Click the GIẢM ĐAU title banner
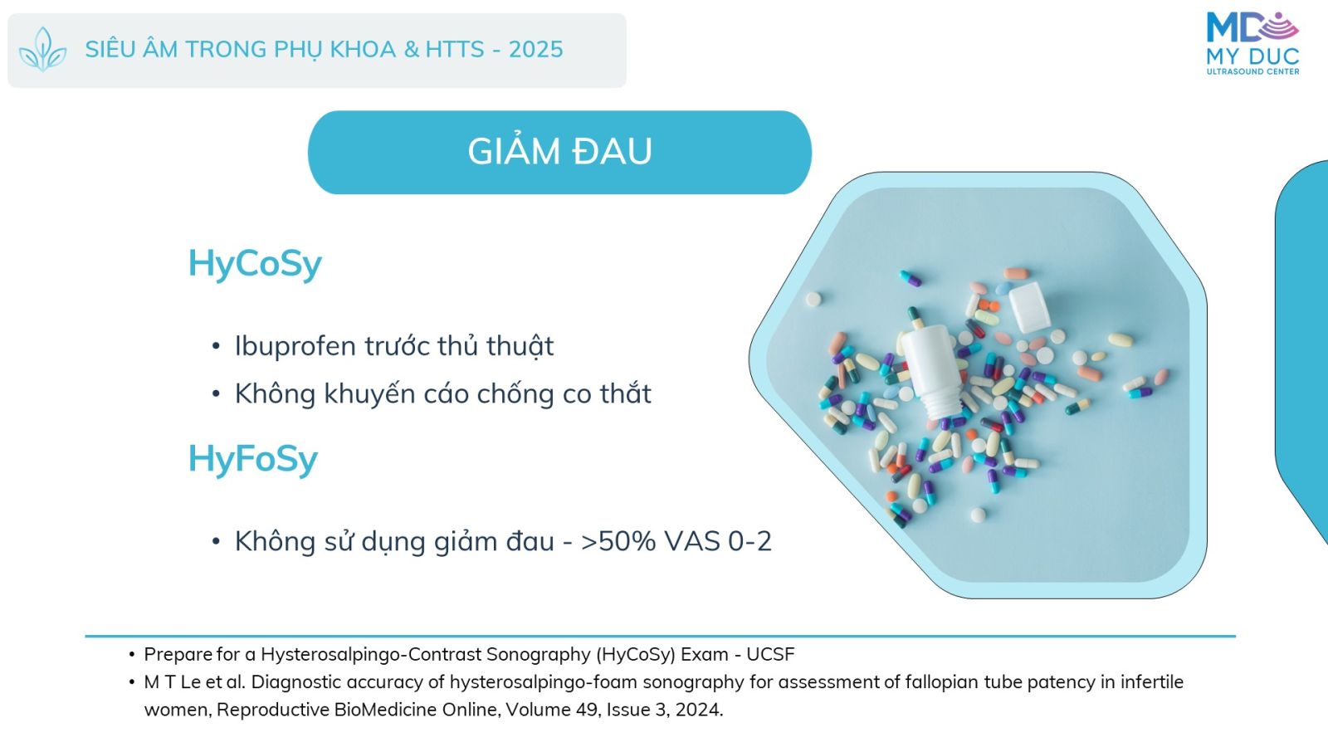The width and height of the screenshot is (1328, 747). [559, 153]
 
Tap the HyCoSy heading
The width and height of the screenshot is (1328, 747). [255, 264]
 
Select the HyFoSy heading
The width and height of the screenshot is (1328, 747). [253, 460]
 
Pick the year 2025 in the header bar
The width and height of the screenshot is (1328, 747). [536, 50]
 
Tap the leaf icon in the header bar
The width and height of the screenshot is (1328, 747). [42, 50]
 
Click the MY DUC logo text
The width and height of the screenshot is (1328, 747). [1252, 57]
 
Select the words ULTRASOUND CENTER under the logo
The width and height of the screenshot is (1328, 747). [1252, 71]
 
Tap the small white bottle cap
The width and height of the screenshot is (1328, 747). [1030, 307]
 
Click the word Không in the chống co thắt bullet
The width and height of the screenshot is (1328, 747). [275, 393]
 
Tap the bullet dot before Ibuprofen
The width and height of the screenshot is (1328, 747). [216, 346]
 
